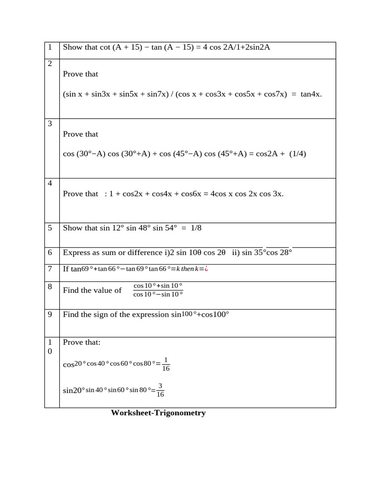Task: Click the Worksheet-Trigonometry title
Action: [x=158, y=412]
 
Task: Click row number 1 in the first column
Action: [x=50, y=47]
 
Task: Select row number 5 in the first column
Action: [x=50, y=228]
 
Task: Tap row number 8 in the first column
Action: [x=50, y=287]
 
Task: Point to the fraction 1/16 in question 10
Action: [x=166, y=364]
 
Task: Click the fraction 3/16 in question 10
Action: [x=160, y=390]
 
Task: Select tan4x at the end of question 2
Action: [x=311, y=94]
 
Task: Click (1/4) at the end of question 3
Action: [x=298, y=154]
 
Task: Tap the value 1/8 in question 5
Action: [x=196, y=228]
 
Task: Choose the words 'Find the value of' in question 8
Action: [x=92, y=290]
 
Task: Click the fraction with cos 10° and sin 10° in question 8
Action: [x=158, y=290]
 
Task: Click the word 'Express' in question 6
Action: [x=76, y=253]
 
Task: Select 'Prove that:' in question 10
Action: [x=82, y=342]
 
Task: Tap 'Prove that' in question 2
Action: [x=80, y=74]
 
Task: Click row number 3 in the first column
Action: [x=50, y=123]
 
